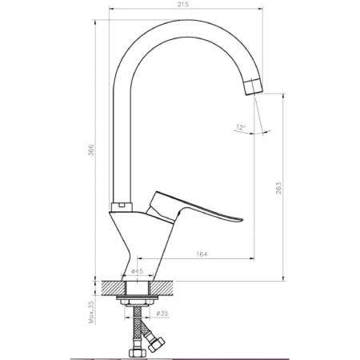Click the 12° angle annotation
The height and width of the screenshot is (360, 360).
click(x=242, y=126)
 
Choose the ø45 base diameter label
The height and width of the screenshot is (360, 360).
click(x=138, y=272)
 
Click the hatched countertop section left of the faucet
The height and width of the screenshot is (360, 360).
click(x=112, y=286)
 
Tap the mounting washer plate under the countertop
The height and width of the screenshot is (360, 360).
click(x=141, y=298)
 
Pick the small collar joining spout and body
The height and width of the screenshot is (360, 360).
click(x=121, y=206)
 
